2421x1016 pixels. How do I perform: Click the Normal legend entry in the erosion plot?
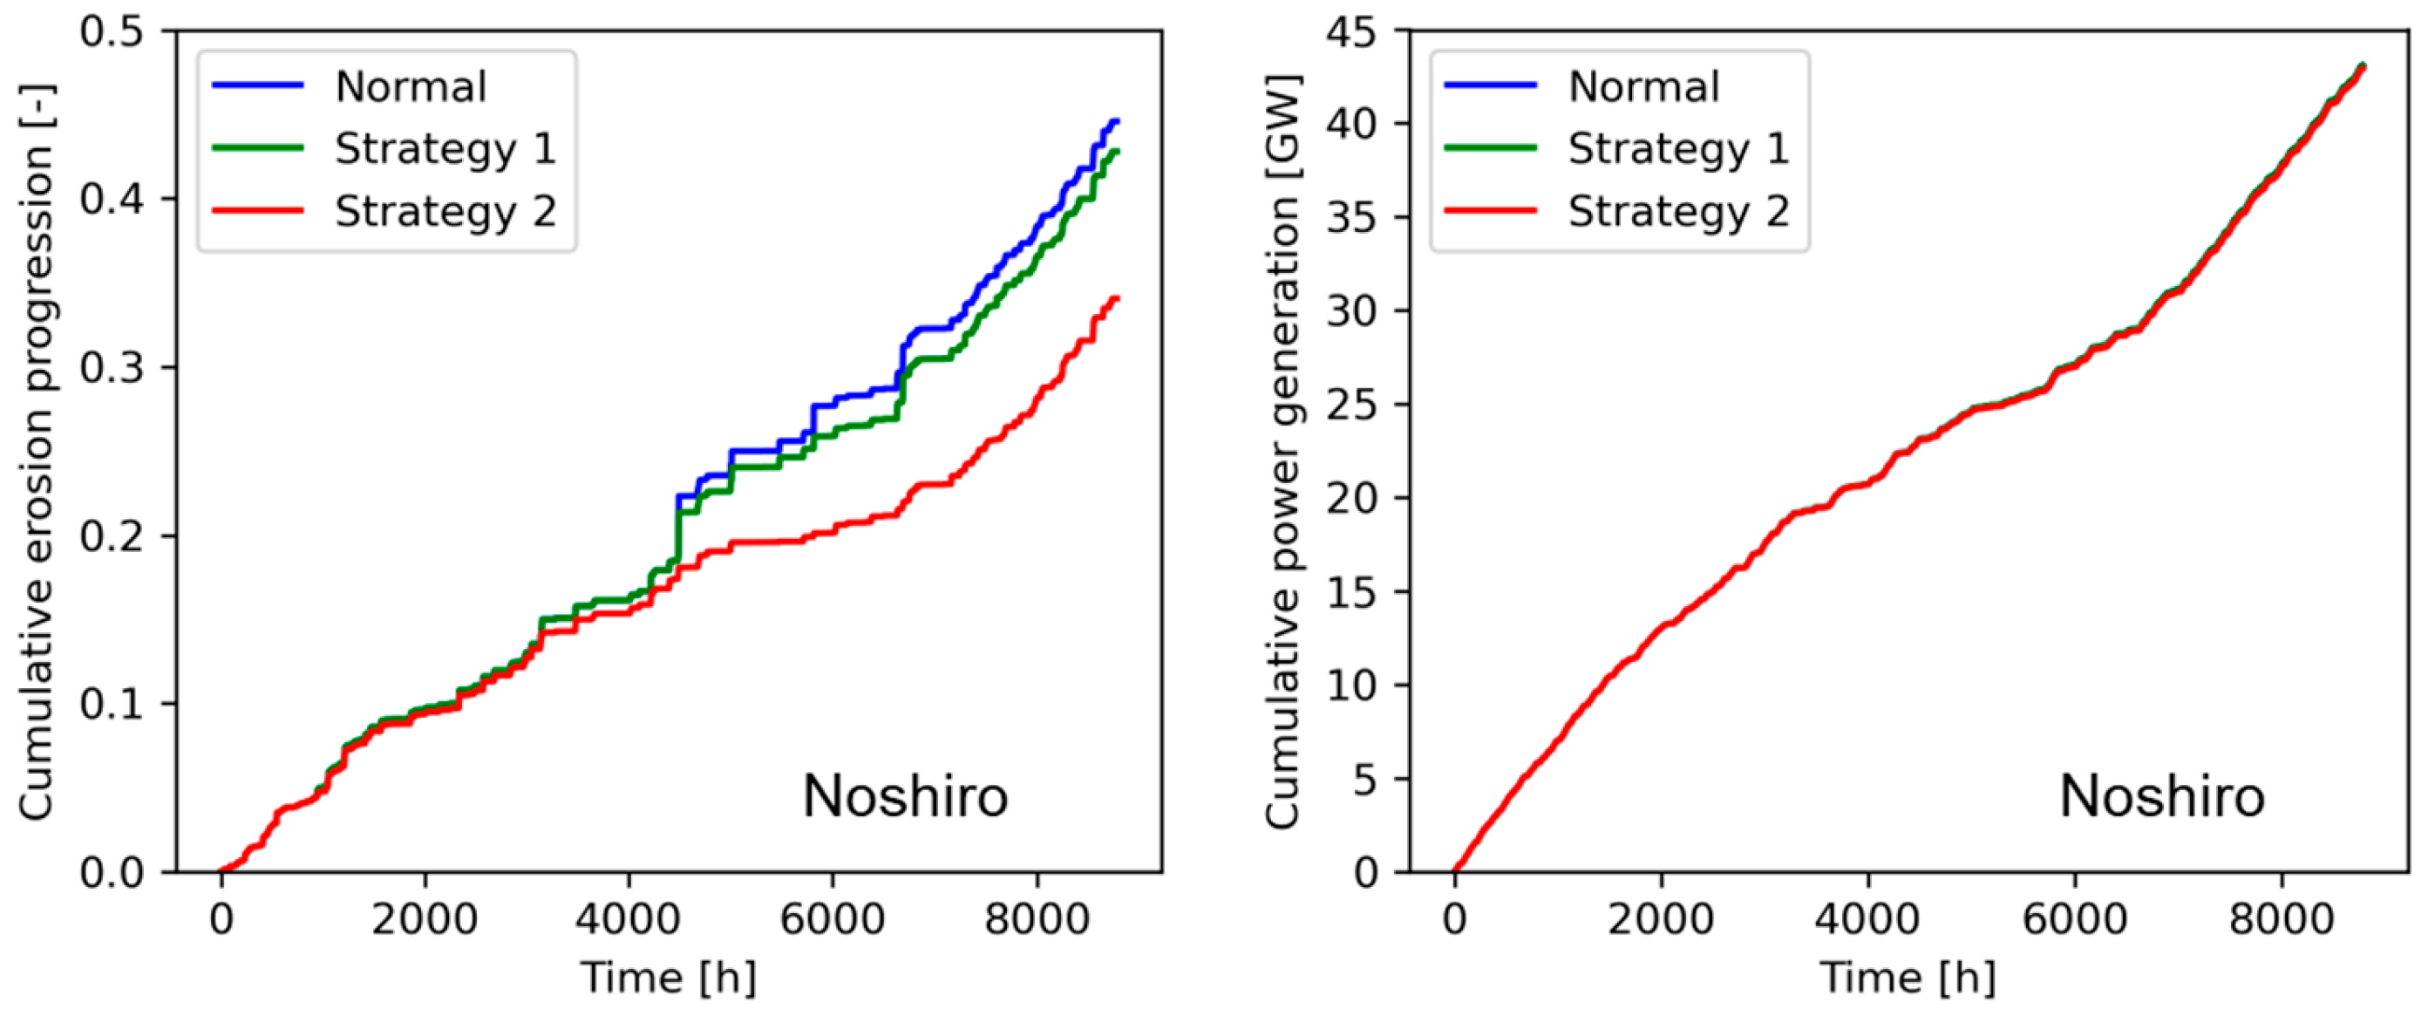411,86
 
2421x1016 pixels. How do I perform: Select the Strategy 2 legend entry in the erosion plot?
445,210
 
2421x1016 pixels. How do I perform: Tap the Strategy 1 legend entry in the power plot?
1677,148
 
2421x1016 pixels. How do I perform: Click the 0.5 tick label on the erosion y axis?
112,31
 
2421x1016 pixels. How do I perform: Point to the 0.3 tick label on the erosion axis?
112,367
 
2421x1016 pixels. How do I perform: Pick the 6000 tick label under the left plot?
832,918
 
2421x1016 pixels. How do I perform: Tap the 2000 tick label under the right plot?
1661,918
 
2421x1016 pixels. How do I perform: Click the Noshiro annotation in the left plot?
905,796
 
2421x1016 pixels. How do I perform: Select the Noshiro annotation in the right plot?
2161,796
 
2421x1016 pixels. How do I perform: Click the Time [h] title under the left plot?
668,978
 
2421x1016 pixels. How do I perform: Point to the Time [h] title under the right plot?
1908,978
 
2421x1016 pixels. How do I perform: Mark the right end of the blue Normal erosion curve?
1117,121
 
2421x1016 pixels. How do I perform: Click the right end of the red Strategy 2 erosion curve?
1117,298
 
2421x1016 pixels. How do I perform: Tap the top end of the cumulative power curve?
2363,65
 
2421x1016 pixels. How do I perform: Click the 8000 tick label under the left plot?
1037,918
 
